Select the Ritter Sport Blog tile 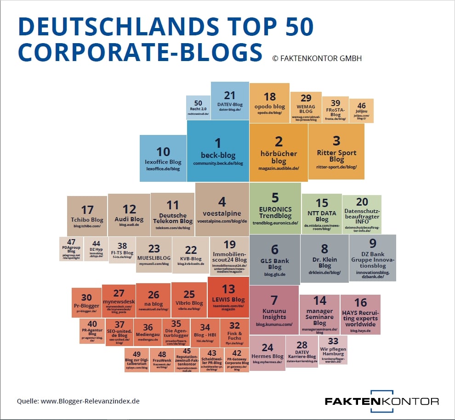click(336, 151)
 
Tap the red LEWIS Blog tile click(228, 297)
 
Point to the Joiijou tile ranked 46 click(362, 111)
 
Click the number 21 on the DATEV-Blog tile click(230, 95)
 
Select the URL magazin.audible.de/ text click(279, 168)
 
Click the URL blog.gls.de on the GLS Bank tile click(275, 274)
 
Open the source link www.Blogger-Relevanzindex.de click(90, 401)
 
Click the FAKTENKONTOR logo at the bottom click(381, 400)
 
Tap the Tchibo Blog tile click(87, 216)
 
